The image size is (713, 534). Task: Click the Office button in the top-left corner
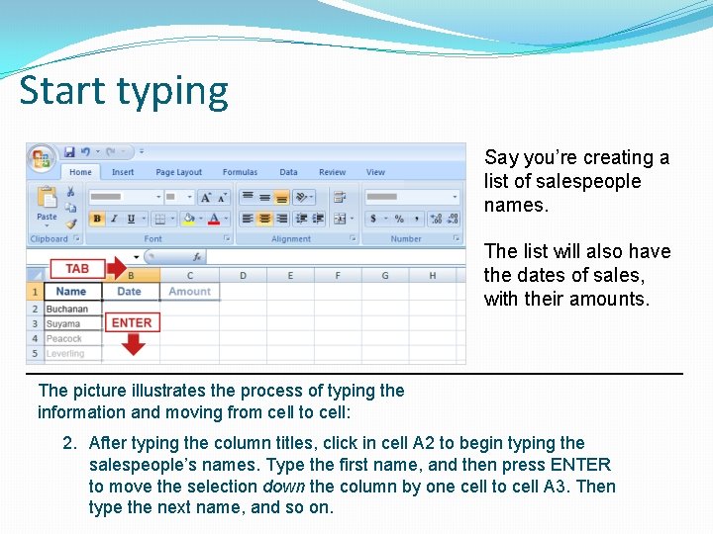tap(41, 157)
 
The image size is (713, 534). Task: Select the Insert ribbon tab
tap(123, 172)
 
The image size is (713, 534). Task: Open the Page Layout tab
tap(178, 172)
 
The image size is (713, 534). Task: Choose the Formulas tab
tap(240, 172)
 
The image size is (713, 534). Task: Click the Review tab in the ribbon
tap(333, 172)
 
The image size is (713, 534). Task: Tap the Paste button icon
tap(47, 202)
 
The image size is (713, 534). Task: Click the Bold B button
tap(97, 219)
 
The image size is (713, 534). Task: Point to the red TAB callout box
tap(77, 269)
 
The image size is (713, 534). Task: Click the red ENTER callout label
tap(132, 322)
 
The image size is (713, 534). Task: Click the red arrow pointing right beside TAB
tap(117, 269)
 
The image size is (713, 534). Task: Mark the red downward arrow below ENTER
tap(133, 344)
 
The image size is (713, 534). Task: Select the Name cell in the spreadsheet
tap(71, 292)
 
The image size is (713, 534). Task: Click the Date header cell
tap(130, 292)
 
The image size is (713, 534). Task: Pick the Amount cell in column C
tap(189, 292)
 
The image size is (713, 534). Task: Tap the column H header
tap(433, 276)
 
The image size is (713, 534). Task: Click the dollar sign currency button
tap(375, 219)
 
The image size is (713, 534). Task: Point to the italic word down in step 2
tap(283, 487)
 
